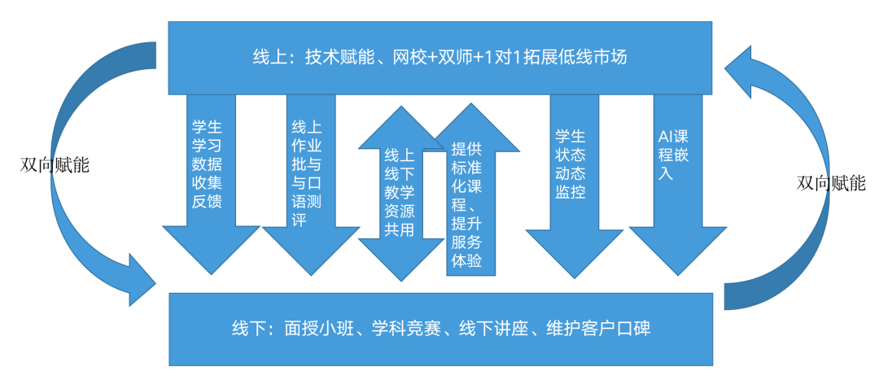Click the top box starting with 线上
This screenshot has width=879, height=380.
point(439,57)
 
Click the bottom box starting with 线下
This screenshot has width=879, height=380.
point(439,330)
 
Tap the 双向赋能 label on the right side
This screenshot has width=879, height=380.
point(831,183)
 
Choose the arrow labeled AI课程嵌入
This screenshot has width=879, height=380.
point(675,163)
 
